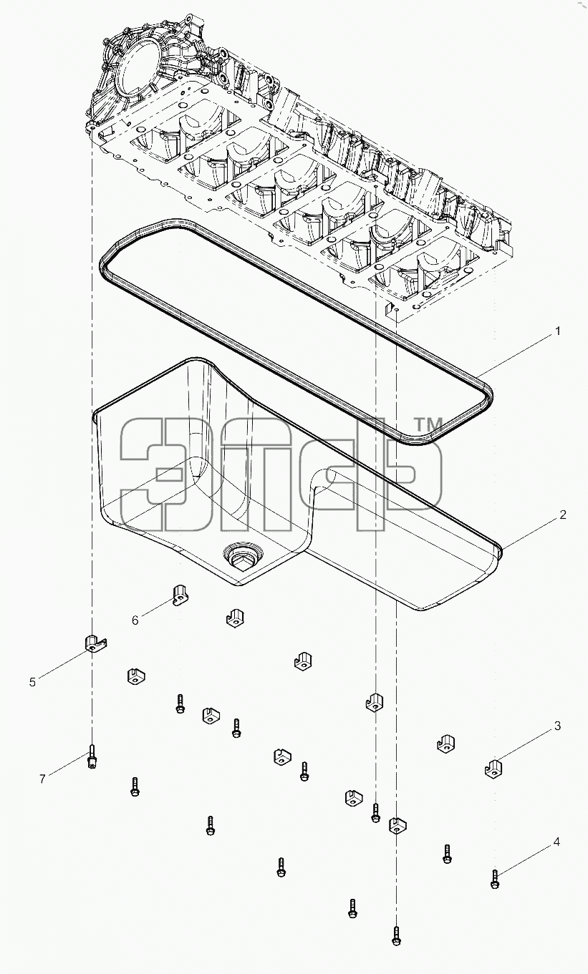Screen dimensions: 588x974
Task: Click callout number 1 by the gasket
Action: (557, 331)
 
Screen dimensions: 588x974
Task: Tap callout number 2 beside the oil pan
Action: (563, 515)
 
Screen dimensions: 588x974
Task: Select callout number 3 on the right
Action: (557, 726)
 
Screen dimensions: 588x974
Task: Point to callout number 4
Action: (556, 842)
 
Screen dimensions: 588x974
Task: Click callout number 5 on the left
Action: (33, 682)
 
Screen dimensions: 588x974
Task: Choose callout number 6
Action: (135, 620)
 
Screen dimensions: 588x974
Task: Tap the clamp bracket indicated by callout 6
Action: (180, 595)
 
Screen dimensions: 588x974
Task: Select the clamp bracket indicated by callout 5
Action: (95, 643)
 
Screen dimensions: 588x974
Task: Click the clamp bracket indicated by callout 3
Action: (493, 769)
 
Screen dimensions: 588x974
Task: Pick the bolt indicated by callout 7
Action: (92, 756)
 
